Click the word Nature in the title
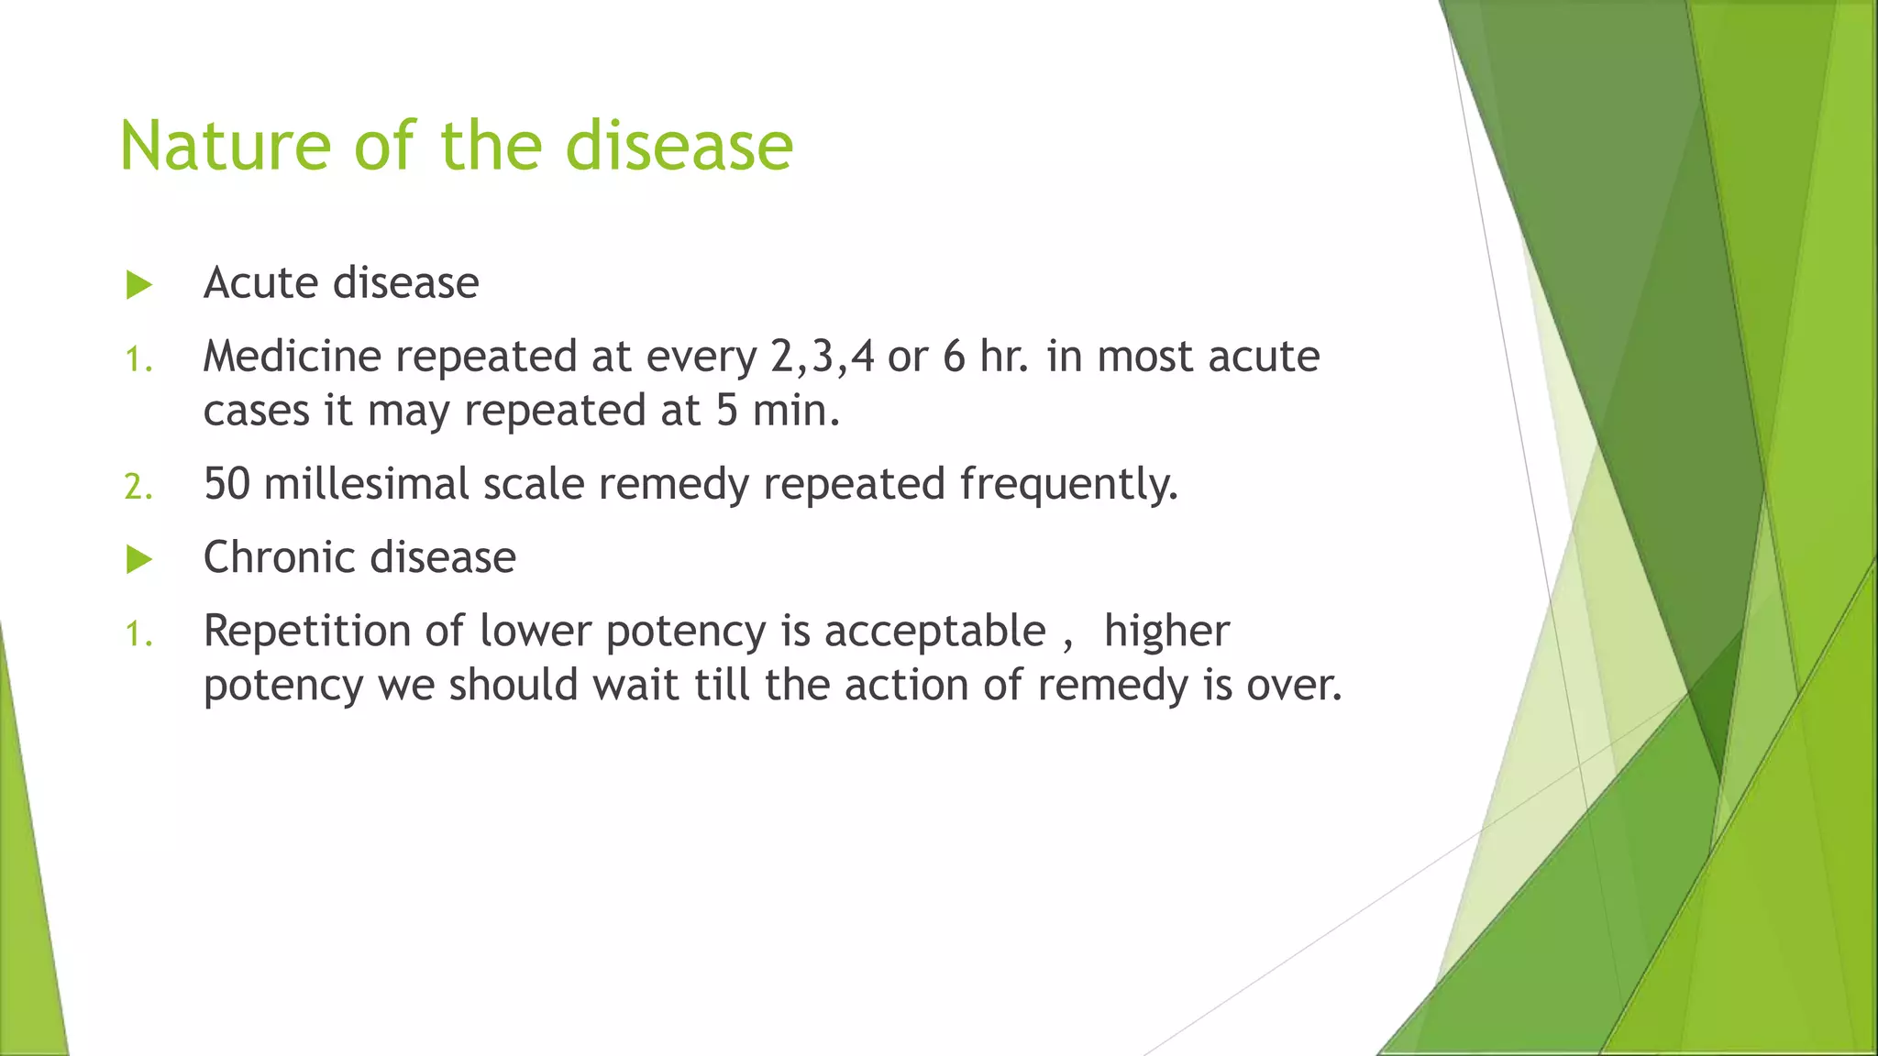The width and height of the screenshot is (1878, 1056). click(225, 147)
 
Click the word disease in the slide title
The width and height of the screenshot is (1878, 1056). click(679, 147)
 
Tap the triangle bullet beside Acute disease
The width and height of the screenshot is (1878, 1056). click(138, 284)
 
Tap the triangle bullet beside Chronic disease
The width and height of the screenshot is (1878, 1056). click(138, 559)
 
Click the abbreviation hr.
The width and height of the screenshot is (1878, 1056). click(1003, 356)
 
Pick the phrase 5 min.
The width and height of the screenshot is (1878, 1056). click(776, 410)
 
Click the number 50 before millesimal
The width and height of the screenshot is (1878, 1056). click(226, 484)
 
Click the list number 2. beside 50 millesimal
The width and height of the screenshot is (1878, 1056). click(138, 487)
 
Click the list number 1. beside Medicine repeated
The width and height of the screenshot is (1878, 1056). click(138, 359)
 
